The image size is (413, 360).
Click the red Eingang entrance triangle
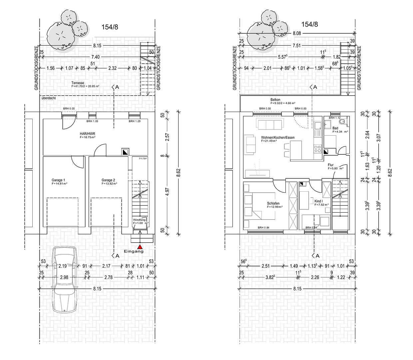(x=140, y=247)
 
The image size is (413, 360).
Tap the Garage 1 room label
(x=58, y=180)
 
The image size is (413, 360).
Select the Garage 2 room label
(x=108, y=180)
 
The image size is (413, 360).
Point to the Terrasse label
(x=77, y=83)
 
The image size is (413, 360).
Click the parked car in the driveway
(x=65, y=279)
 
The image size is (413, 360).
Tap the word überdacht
(x=49, y=98)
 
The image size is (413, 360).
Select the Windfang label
(x=139, y=220)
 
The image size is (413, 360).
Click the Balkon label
(x=275, y=100)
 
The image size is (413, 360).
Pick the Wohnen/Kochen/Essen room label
(x=277, y=137)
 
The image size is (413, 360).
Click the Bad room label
(x=335, y=128)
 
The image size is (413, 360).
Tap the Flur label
(x=330, y=165)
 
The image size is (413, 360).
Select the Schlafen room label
(x=273, y=203)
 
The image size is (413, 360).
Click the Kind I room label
(x=318, y=201)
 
